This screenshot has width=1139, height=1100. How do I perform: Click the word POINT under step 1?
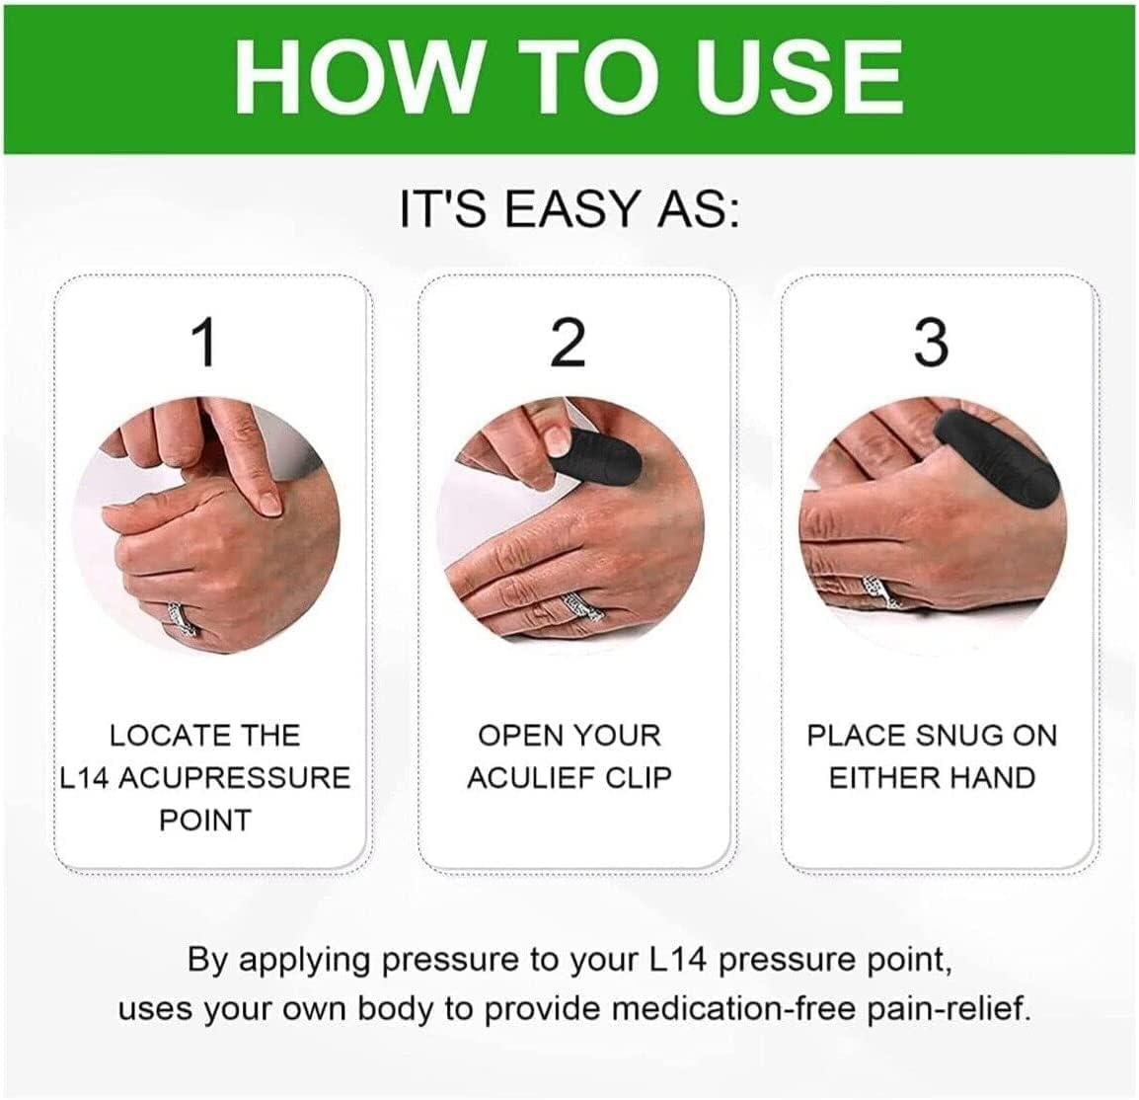(x=204, y=820)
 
